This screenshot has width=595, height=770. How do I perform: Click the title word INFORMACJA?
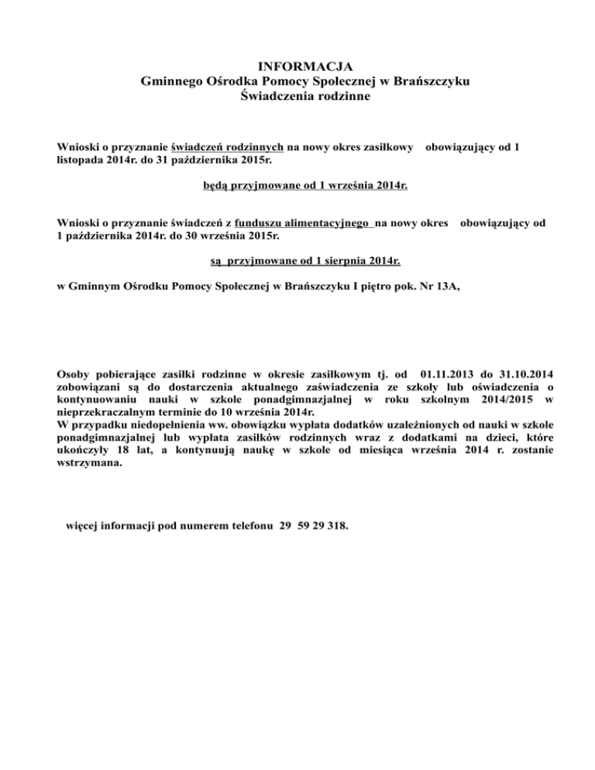(x=297, y=67)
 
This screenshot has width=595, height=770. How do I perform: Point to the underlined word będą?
(x=215, y=186)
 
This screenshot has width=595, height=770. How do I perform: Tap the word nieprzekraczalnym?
(x=109, y=411)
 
